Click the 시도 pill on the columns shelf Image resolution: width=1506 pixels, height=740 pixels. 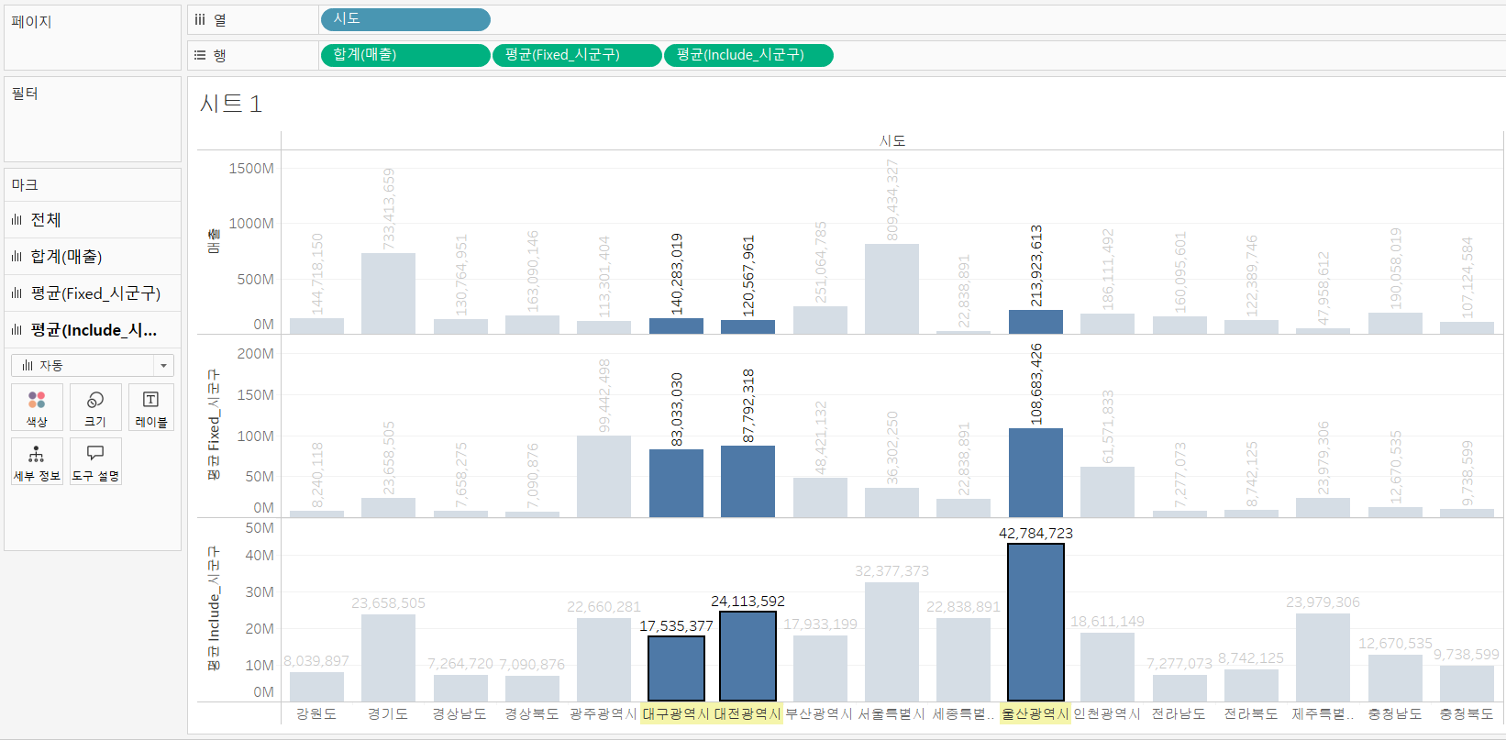pos(404,19)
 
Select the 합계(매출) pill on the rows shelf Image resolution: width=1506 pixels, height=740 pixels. pos(404,55)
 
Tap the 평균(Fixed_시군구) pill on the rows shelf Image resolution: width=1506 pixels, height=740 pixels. pos(576,55)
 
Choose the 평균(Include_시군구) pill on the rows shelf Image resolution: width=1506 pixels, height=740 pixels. pos(747,55)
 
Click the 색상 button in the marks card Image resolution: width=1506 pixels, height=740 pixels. pos(37,407)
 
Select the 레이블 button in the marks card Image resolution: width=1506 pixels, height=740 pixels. pos(151,407)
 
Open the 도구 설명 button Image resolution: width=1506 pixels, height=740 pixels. pos(95,461)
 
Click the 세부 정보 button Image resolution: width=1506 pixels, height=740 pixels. pos(37,461)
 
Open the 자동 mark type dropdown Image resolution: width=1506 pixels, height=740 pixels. pos(92,365)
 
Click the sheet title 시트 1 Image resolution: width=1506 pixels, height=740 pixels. pos(231,104)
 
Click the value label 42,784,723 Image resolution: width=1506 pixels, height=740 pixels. pos(1035,534)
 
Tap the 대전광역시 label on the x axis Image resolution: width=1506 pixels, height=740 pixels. pos(747,713)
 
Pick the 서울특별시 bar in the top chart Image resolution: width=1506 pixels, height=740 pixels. pos(891,288)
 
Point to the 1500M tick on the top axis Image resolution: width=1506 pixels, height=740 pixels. pos(251,169)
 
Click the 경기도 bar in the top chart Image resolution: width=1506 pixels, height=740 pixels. pos(388,293)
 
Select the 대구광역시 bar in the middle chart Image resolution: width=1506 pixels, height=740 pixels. pos(676,482)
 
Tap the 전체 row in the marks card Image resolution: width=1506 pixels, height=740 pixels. pos(46,220)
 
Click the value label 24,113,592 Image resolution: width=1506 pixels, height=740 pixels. pos(747,602)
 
